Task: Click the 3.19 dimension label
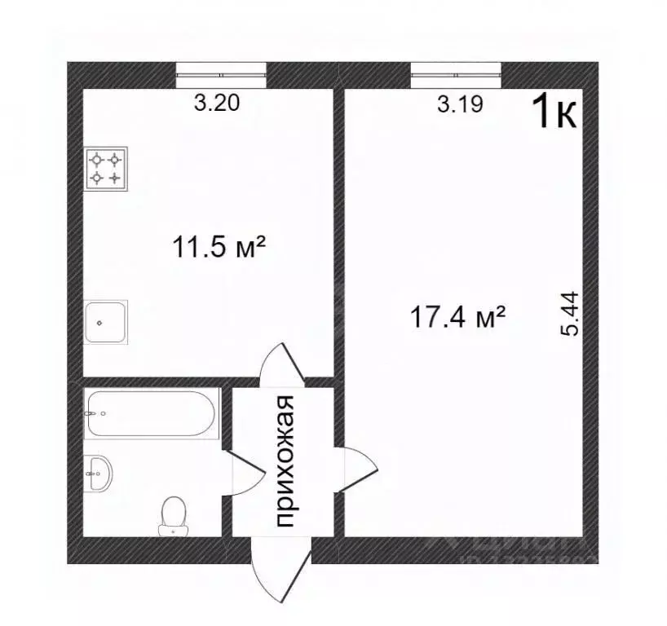tap(461, 104)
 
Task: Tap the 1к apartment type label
tap(554, 112)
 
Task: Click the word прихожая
tap(285, 461)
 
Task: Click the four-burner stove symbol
tap(107, 167)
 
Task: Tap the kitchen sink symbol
tap(106, 321)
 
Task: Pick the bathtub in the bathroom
tap(152, 412)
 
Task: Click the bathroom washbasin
tap(98, 474)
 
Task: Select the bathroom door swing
tap(244, 473)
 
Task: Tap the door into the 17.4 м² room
tap(357, 469)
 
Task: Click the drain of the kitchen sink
tap(99, 322)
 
